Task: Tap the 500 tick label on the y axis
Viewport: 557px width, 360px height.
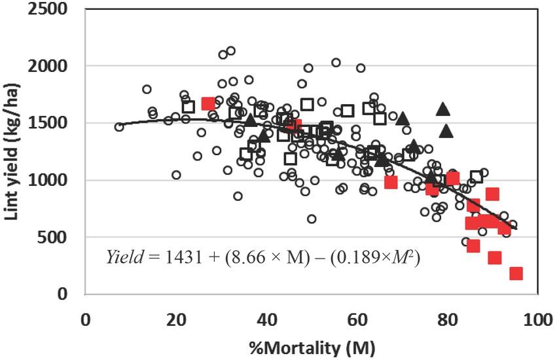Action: (59, 237)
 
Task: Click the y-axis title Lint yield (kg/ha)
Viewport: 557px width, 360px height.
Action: (14, 150)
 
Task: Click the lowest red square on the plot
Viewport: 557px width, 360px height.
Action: (516, 273)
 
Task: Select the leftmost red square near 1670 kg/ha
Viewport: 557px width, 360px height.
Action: (208, 103)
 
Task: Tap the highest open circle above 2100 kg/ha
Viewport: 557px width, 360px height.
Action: (230, 51)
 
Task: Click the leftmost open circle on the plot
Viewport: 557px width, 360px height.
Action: (119, 127)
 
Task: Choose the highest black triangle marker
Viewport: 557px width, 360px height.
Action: (443, 109)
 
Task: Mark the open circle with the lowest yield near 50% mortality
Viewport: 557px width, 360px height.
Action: (312, 219)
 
